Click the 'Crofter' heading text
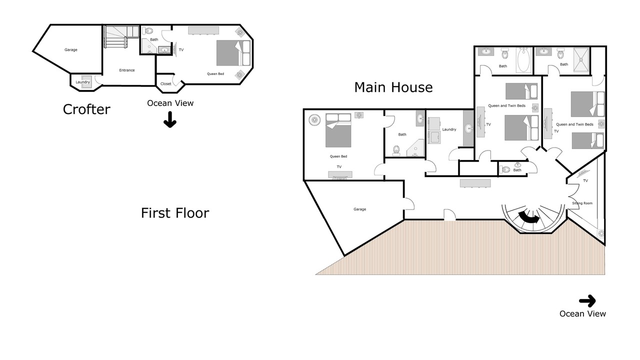(86, 109)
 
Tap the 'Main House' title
(393, 87)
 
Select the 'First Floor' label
(175, 213)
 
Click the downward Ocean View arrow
(170, 119)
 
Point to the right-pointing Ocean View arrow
(587, 301)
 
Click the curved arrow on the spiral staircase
(529, 218)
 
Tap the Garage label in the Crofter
(71, 49)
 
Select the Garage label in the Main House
(359, 209)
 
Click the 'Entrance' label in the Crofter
(127, 70)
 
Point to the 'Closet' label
(165, 83)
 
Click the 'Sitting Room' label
(582, 203)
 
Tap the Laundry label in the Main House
(449, 129)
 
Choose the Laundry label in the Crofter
(82, 82)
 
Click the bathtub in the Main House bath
(523, 60)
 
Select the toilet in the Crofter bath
(148, 30)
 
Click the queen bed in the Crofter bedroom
(233, 53)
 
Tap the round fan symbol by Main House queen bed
(314, 119)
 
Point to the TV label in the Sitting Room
(585, 180)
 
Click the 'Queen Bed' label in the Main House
(338, 156)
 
